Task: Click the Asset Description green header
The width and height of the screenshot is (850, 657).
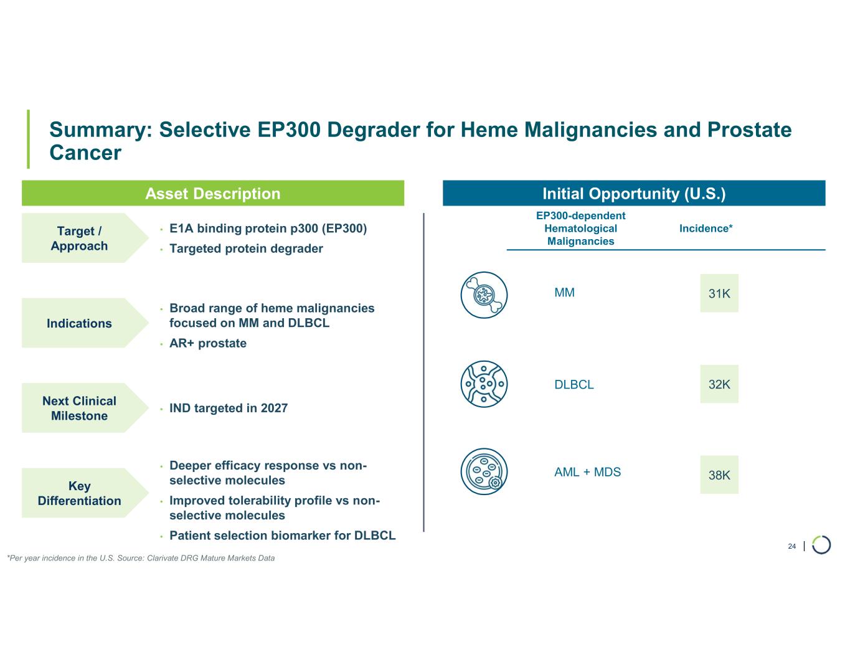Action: pyautogui.click(x=213, y=193)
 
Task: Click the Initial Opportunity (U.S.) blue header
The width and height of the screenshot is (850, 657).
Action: pyautogui.click(x=634, y=193)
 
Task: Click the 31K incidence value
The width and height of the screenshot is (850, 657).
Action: pyautogui.click(x=719, y=293)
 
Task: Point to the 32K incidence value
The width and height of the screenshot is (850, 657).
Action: pyautogui.click(x=719, y=384)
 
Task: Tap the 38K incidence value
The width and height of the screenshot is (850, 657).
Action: pyautogui.click(x=719, y=475)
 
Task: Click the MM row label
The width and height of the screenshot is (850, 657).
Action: pyautogui.click(x=564, y=293)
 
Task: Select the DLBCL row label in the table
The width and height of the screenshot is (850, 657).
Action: pyautogui.click(x=574, y=384)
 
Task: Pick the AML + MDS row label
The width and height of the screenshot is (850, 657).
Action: pyautogui.click(x=588, y=472)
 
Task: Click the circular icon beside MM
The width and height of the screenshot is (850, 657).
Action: pyautogui.click(x=484, y=295)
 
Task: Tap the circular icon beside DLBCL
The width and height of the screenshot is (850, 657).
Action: pyautogui.click(x=484, y=384)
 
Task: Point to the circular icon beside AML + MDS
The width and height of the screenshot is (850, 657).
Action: pyautogui.click(x=484, y=471)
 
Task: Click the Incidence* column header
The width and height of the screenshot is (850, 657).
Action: pyautogui.click(x=706, y=229)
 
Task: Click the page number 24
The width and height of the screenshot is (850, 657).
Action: pyautogui.click(x=791, y=546)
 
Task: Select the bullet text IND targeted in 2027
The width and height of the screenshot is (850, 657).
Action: pyautogui.click(x=229, y=408)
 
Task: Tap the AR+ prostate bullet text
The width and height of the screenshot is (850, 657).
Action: pyautogui.click(x=208, y=343)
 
